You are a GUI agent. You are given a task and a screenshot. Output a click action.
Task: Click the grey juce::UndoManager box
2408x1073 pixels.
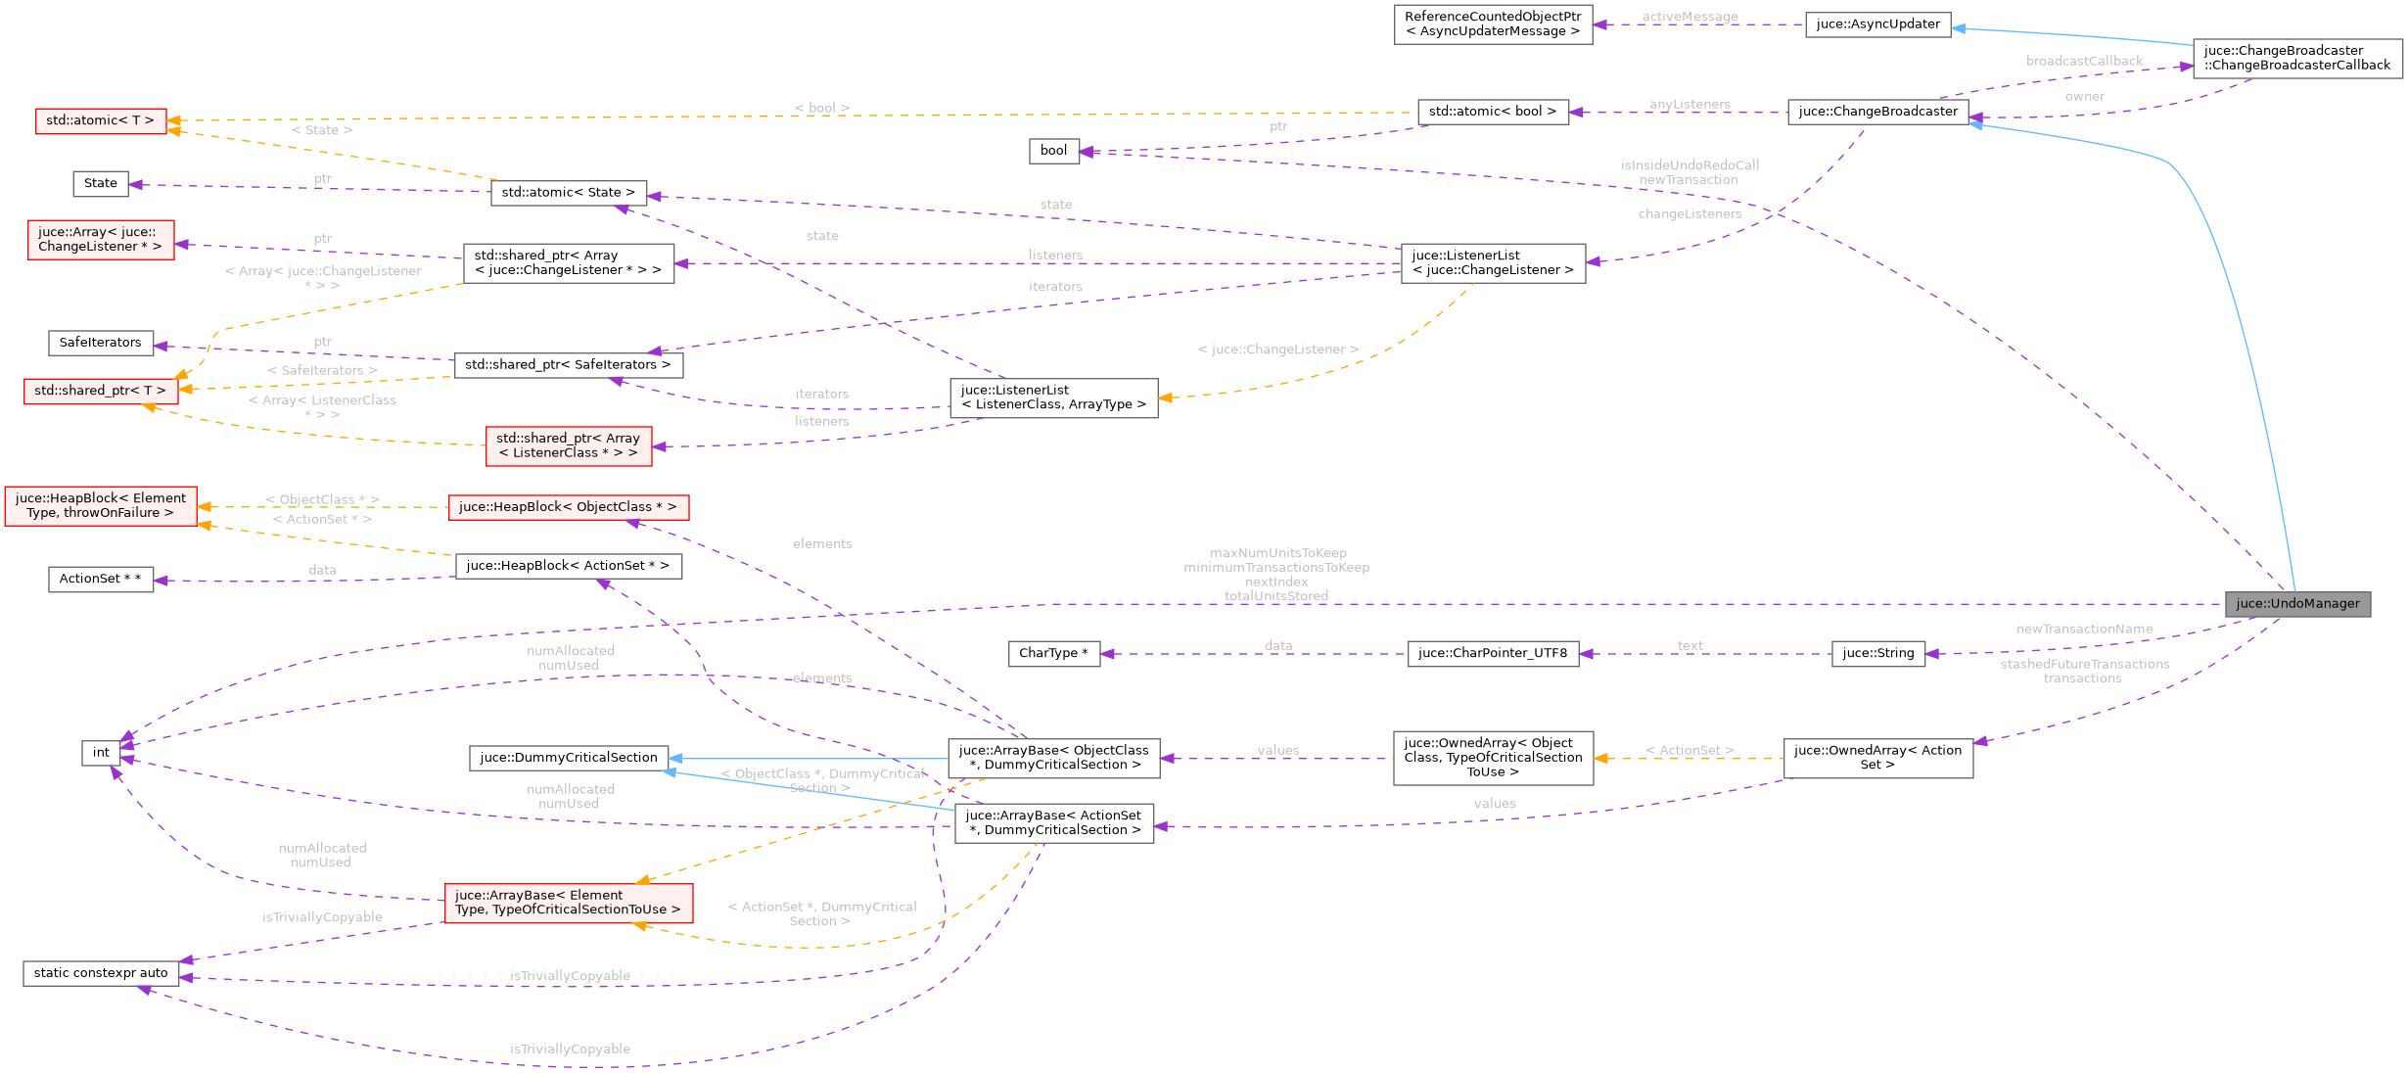[x=2297, y=604]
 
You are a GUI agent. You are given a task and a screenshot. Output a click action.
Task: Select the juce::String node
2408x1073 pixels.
[x=1877, y=654]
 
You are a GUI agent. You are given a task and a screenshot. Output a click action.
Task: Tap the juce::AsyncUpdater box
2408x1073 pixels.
[x=1877, y=24]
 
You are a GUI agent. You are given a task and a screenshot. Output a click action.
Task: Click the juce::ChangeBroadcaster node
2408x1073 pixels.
[x=1877, y=112]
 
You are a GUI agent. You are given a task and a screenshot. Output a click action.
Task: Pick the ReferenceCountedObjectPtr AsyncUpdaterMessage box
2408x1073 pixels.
[x=1493, y=24]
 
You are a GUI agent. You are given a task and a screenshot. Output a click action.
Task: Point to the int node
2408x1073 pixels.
[x=101, y=753]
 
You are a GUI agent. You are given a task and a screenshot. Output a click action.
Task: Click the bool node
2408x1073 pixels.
[x=1053, y=151]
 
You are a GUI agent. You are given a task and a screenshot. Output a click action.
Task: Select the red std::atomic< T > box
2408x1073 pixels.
[x=101, y=121]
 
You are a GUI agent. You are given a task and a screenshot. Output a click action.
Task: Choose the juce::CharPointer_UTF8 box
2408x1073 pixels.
[x=1492, y=654]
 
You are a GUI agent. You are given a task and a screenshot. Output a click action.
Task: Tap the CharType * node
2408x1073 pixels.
[x=1053, y=654]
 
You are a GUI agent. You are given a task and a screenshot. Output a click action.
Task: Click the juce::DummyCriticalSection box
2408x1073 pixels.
[x=569, y=758]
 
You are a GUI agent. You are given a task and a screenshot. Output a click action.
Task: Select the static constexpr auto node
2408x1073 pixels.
[x=101, y=973]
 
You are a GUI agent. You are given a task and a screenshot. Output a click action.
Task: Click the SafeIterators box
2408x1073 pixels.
[x=101, y=343]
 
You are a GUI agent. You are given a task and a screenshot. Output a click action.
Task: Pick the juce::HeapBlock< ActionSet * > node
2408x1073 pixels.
[x=568, y=566]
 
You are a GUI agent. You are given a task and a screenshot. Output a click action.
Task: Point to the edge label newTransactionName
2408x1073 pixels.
[x=2084, y=630]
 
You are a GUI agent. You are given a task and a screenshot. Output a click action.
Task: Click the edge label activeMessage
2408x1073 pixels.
[x=1690, y=17]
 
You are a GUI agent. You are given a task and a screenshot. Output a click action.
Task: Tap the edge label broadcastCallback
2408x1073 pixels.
[x=2084, y=61]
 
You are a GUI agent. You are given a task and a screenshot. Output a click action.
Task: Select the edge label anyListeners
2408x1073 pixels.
[x=1690, y=104]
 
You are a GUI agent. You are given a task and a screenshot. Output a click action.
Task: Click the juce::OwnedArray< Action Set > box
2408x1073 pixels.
[x=1877, y=758]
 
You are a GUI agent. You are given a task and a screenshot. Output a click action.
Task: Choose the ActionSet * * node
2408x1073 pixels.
[x=101, y=580]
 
